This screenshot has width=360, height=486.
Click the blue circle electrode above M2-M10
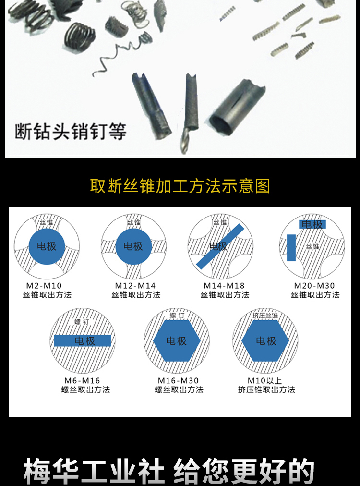tap(47, 246)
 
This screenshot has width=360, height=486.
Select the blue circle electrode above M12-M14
tap(133, 246)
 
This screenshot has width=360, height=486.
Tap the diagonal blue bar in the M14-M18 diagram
tap(220, 246)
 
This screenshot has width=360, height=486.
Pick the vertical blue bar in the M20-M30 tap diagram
tap(291, 248)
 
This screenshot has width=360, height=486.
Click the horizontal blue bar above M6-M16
tap(83, 340)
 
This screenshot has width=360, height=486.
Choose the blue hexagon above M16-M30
tap(177, 340)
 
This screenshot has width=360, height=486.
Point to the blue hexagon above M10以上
tap(265, 340)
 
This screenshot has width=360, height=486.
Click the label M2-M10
tap(44, 285)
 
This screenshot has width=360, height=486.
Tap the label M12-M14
tap(135, 285)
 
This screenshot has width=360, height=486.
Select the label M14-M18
tap(224, 285)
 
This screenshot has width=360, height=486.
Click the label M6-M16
tap(82, 380)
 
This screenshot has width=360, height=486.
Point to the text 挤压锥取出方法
tap(266, 389)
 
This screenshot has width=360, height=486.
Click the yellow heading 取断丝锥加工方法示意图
tap(180, 186)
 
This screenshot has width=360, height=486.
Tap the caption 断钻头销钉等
tap(71, 132)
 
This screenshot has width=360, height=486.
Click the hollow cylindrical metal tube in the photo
tap(237, 107)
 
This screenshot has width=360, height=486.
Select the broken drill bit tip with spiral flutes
tap(189, 113)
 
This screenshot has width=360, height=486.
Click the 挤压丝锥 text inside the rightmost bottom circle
tap(265, 316)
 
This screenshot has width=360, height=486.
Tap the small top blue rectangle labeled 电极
tap(312, 224)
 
